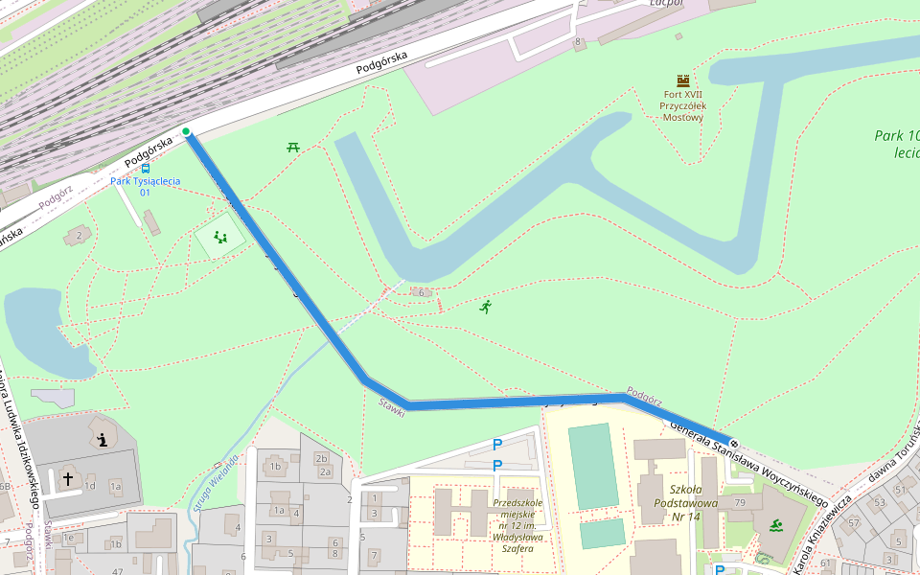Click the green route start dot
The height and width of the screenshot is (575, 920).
click(186, 131)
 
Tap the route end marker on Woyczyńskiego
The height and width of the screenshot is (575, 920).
click(733, 443)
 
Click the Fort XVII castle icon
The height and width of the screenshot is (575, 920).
click(683, 80)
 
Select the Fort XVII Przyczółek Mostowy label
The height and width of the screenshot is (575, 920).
click(683, 105)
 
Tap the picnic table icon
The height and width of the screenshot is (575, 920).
click(293, 147)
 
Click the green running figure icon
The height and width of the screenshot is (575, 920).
click(486, 307)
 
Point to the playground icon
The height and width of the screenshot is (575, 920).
click(220, 238)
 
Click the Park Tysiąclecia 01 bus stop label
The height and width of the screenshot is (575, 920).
click(145, 186)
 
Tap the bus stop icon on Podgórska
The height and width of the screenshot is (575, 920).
click(145, 168)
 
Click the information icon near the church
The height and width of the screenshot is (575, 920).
click(102, 440)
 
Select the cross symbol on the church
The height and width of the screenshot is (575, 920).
click(68, 476)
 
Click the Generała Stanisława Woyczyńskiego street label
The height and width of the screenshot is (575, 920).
click(747, 463)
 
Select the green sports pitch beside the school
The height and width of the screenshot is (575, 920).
click(592, 467)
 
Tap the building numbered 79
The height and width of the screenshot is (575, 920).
click(740, 503)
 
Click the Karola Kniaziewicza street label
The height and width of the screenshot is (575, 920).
click(820, 534)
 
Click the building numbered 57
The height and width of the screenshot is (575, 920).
click(854, 522)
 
